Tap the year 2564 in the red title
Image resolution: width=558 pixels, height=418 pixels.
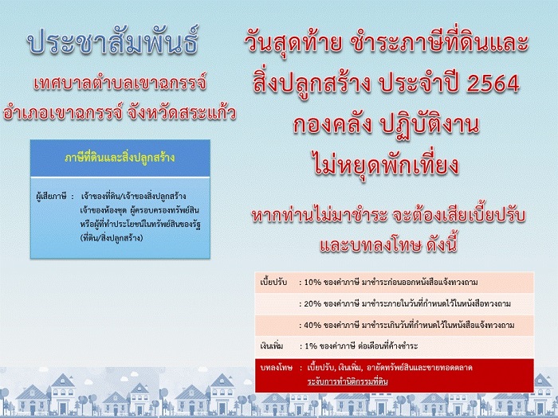click(493, 84)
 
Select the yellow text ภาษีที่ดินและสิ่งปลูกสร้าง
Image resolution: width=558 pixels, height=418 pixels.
click(120, 158)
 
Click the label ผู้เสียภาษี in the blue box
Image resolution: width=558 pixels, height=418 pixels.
click(51, 196)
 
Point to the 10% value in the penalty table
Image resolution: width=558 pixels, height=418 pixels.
click(312, 283)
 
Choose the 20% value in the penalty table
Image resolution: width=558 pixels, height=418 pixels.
click(312, 304)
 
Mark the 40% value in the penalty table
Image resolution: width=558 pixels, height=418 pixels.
click(312, 325)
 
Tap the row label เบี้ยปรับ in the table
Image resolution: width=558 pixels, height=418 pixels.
click(273, 282)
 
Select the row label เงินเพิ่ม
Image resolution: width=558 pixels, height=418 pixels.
click(272, 346)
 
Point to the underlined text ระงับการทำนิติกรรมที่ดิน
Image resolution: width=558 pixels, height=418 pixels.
click(348, 381)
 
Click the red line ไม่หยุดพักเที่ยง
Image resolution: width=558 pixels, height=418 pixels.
click(387, 164)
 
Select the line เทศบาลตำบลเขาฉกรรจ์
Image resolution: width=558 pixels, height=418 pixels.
click(120, 83)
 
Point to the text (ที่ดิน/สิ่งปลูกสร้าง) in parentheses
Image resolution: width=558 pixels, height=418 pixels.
click(112, 238)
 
